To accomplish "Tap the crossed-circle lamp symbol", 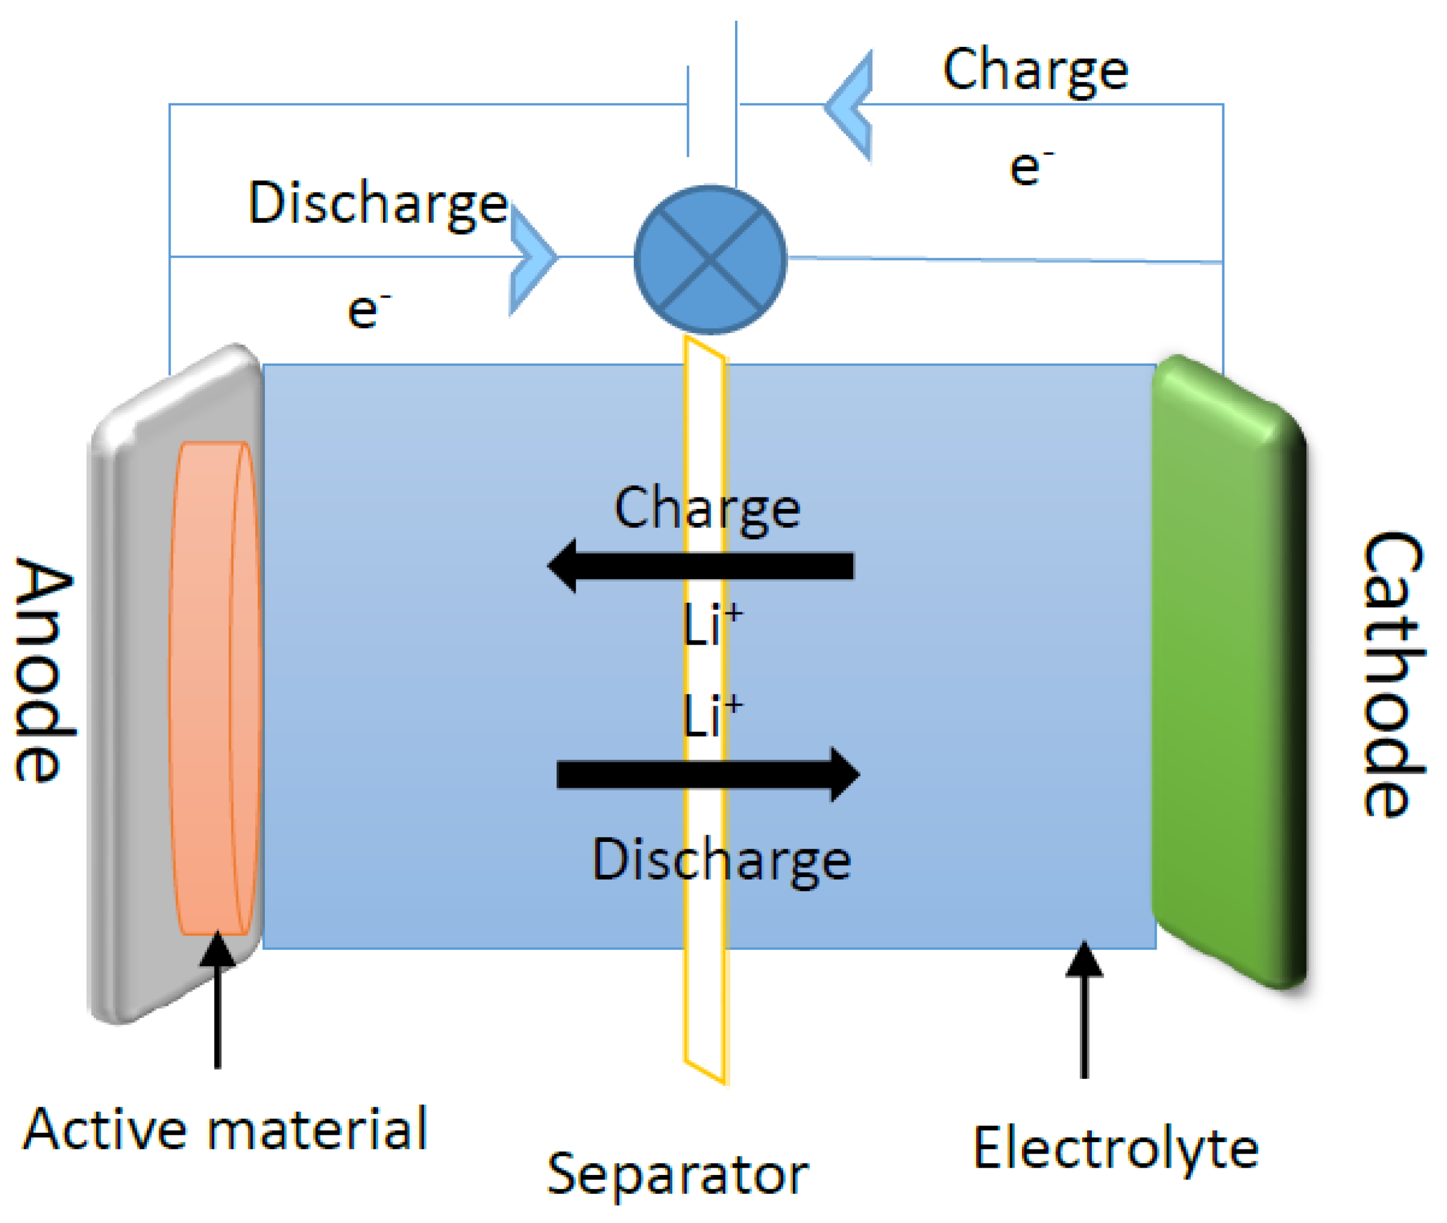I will pos(710,259).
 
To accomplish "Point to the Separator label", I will pos(677,1174).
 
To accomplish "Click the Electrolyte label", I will pos(1114,1149).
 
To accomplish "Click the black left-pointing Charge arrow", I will pos(700,566).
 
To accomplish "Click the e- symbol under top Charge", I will pos(1030,168).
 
